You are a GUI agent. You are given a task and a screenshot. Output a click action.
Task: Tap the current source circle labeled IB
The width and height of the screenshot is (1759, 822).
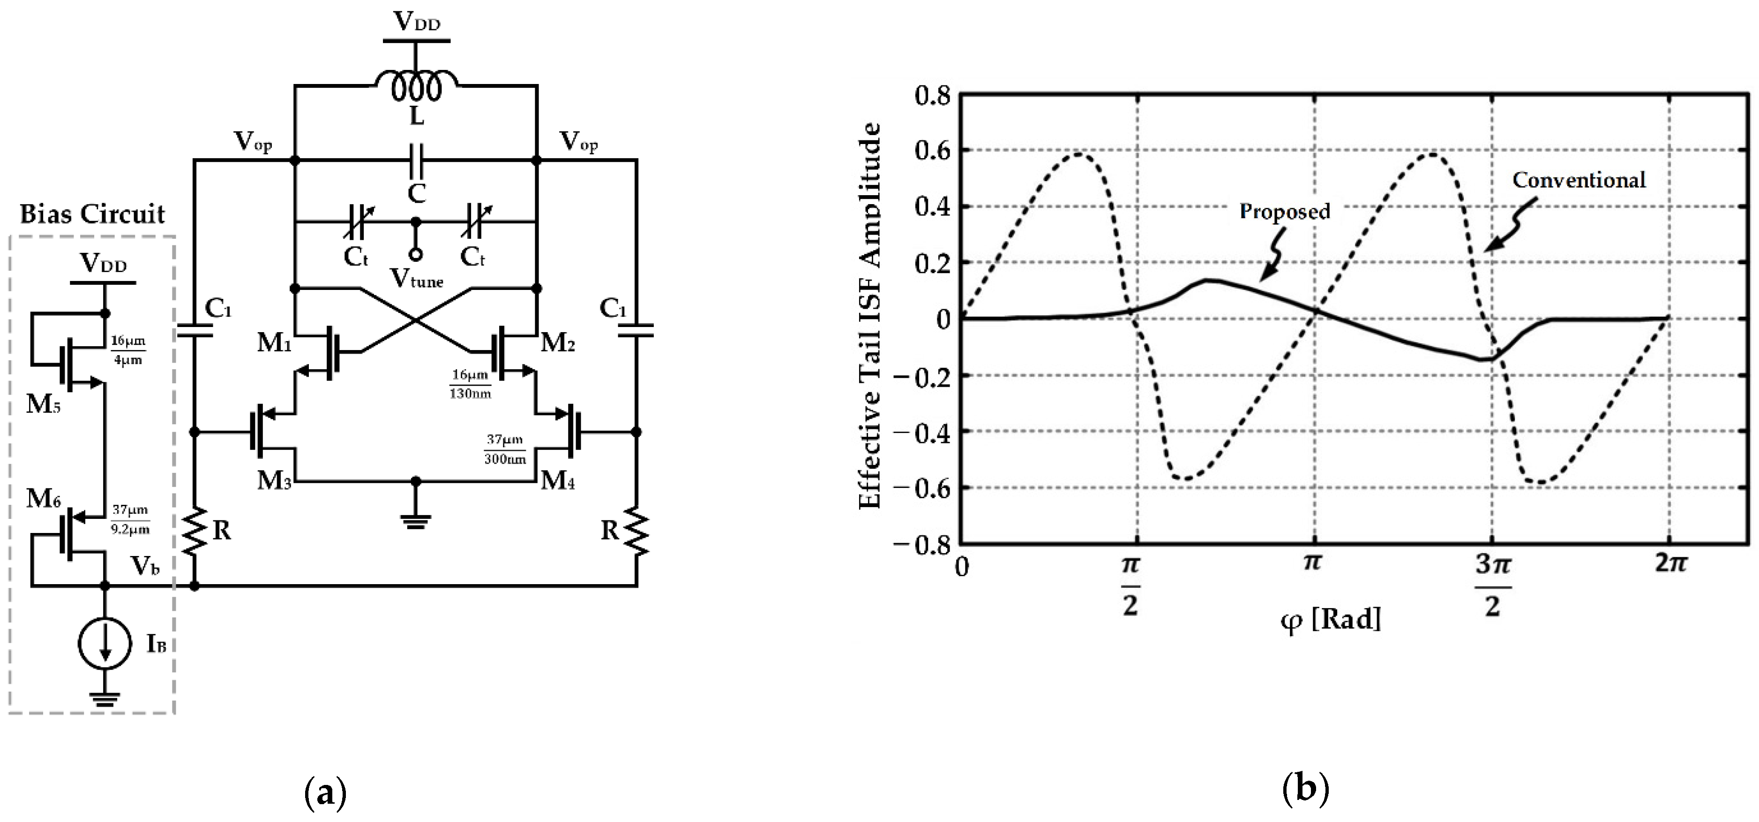pos(105,643)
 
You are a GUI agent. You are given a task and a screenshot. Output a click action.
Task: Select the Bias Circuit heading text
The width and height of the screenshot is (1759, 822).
pos(92,214)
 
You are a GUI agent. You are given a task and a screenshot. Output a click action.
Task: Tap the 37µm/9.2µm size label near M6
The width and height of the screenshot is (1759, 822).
pos(130,519)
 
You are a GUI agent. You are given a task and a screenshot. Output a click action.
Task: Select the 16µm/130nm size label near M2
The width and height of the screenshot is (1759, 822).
pos(470,384)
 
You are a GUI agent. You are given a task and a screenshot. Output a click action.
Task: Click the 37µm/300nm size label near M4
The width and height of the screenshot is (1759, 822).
pos(505,449)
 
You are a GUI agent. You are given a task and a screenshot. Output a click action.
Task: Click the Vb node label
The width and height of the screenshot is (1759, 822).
pos(145,566)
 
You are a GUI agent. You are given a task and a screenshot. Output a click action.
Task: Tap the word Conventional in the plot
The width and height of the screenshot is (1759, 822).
pos(1579,180)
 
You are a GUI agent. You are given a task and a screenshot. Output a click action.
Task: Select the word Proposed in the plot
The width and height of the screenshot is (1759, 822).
pos(1284,211)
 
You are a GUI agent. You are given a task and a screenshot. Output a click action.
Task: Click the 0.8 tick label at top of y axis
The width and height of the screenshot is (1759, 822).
pos(932,96)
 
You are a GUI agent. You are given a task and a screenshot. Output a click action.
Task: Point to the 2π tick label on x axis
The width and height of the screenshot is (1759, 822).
pos(1670,563)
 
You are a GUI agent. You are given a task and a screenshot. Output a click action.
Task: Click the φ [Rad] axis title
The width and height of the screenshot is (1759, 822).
pos(1330,620)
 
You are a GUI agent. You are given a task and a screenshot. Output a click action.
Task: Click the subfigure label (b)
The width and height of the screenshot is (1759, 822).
pos(1306,790)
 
